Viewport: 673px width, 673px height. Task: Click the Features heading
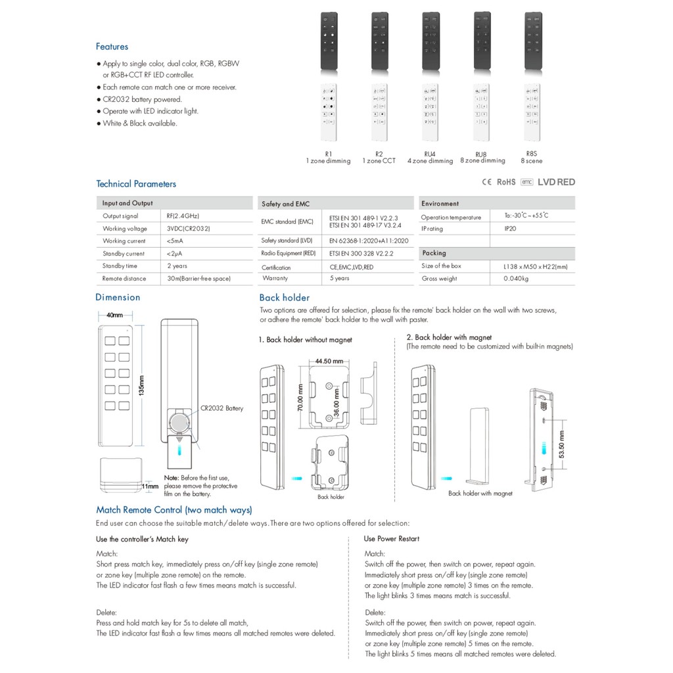(x=112, y=47)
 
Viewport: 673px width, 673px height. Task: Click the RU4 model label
(x=430, y=154)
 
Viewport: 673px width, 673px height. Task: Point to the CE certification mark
(x=488, y=182)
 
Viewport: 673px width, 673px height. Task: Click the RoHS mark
(x=506, y=182)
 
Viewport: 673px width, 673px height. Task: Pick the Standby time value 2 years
(x=177, y=266)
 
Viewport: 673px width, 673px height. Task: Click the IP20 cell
(x=511, y=229)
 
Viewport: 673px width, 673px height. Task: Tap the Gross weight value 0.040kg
(x=516, y=279)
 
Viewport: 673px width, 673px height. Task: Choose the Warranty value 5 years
(x=340, y=279)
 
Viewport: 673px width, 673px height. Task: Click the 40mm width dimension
(x=115, y=315)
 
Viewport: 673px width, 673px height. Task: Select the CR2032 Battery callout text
(x=221, y=408)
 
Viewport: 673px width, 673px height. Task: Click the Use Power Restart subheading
(x=392, y=539)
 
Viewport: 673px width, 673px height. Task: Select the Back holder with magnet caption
(x=480, y=493)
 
